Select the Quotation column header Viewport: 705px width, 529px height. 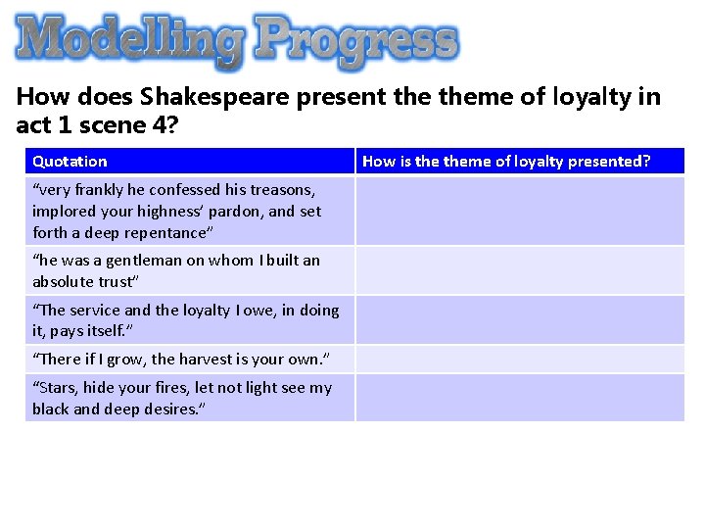[70, 162]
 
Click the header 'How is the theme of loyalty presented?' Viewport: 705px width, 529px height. [505, 162]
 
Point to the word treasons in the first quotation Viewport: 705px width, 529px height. [285, 190]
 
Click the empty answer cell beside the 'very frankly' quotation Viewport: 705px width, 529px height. [519, 211]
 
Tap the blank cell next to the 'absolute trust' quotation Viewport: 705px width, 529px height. [519, 270]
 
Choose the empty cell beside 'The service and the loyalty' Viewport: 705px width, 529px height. [519, 320]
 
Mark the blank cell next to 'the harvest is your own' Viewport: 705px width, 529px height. [519, 359]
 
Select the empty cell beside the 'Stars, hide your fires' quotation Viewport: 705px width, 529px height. [519, 398]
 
